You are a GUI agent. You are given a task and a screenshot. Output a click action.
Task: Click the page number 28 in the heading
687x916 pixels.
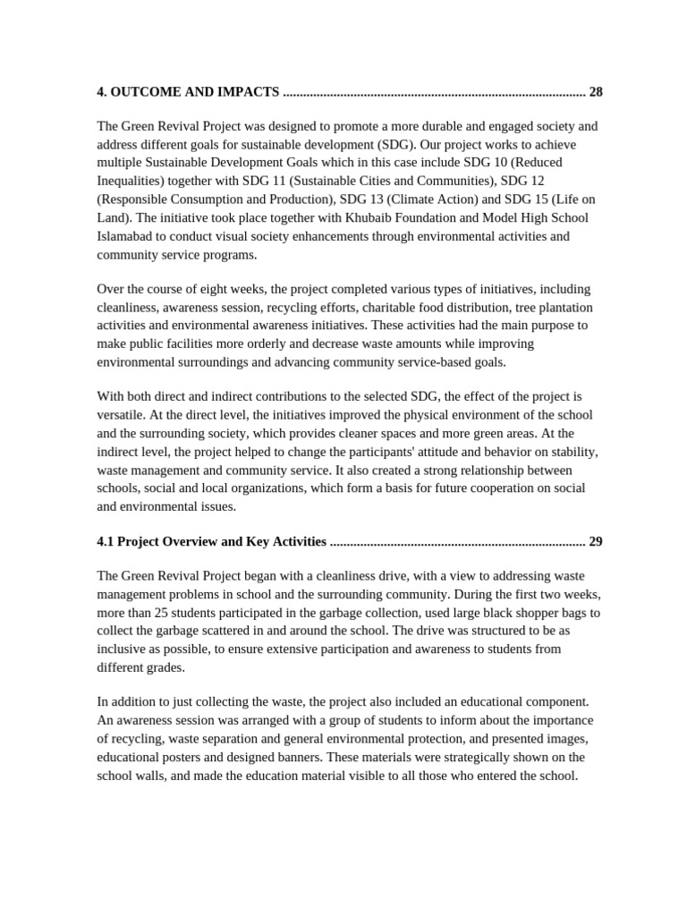596,92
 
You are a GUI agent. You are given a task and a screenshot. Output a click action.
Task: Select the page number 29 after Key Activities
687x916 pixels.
596,542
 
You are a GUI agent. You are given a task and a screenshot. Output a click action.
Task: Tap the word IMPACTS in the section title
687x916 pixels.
243,92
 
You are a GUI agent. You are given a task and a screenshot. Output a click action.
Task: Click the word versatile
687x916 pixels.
122,416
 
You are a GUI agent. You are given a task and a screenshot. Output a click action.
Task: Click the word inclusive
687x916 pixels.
123,649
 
